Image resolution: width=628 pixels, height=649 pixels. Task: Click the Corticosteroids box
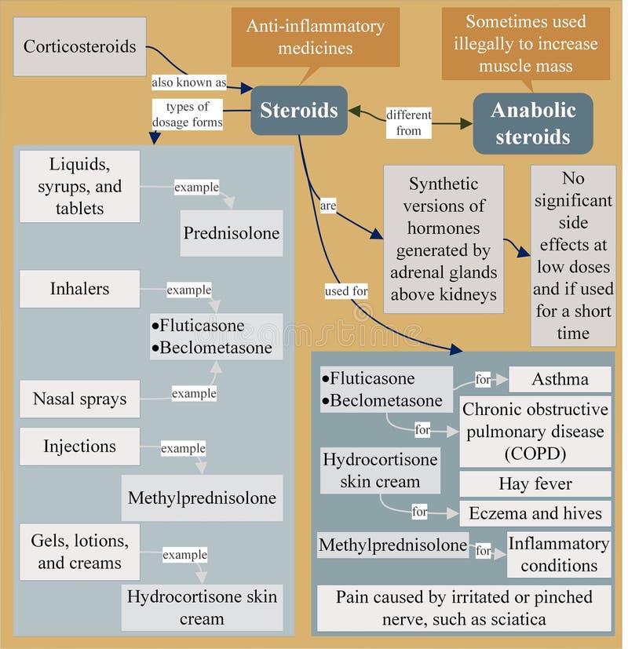point(79,46)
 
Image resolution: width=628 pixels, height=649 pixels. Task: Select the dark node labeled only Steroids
point(298,110)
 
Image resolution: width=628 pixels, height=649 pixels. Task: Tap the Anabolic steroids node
point(532,123)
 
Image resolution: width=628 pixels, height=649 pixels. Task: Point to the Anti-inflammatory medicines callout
point(316,36)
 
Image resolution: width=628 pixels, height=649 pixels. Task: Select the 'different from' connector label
point(408,123)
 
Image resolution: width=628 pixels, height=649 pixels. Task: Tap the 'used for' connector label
point(346,291)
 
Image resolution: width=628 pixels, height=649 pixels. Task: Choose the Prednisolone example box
point(232,233)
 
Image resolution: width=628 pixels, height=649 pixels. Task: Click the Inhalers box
point(79,289)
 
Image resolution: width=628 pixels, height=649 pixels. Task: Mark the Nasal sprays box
point(79,399)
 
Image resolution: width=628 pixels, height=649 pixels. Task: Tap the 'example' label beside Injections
point(183,449)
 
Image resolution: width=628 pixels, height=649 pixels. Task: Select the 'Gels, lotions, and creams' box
point(79,552)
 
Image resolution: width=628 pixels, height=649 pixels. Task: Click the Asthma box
point(560,379)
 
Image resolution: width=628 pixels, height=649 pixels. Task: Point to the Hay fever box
point(535,483)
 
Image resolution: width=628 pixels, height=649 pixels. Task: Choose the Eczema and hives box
point(535,513)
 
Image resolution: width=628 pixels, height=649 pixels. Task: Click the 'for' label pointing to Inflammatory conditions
point(483,551)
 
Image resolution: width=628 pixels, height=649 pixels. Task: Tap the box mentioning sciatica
point(464,608)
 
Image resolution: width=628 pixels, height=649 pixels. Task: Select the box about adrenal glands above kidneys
point(444,239)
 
